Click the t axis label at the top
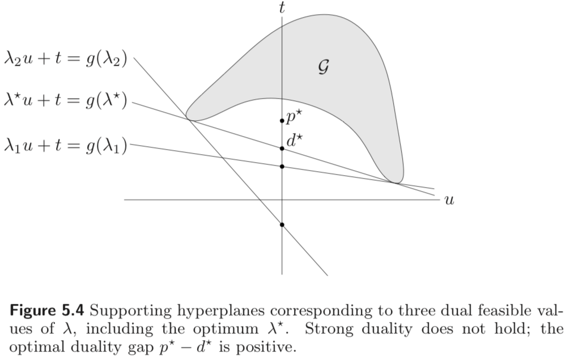tap(282, 7)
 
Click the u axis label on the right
tap(449, 200)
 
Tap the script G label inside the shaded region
tap(323, 67)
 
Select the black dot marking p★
tap(282, 121)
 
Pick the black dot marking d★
tap(282, 149)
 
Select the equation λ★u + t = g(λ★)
tap(66, 103)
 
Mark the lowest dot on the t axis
tap(282, 225)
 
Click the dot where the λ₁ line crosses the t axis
tap(282, 166)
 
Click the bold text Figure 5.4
tap(48, 311)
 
